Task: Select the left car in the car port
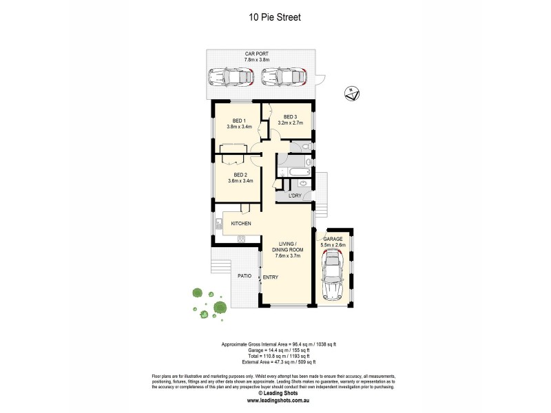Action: (231, 77)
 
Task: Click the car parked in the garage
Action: (333, 274)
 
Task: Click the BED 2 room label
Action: (240, 176)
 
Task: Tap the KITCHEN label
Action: (240, 224)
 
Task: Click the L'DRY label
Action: (295, 196)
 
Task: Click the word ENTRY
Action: (271, 278)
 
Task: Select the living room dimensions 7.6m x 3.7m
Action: (287, 255)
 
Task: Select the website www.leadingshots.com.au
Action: (275, 400)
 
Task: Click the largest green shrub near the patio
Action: (220, 307)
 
